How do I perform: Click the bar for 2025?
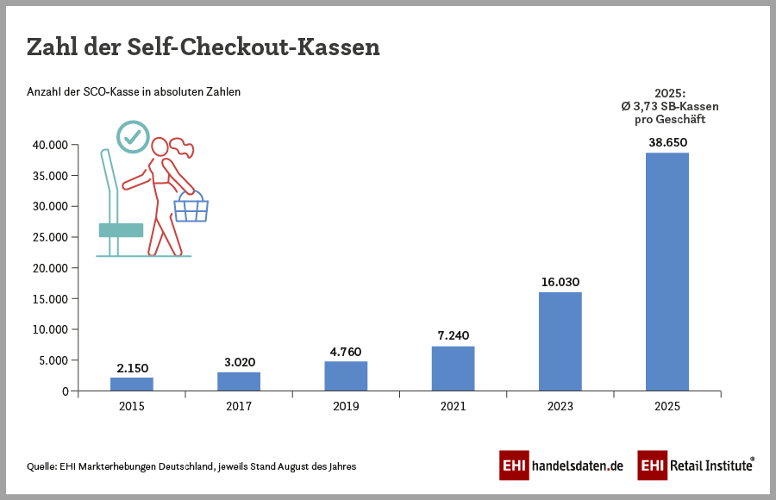click(x=667, y=272)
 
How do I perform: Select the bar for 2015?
click(x=132, y=384)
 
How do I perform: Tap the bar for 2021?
click(x=453, y=368)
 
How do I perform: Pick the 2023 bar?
click(x=560, y=341)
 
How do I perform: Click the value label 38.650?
click(x=667, y=142)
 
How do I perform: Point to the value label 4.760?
click(x=346, y=351)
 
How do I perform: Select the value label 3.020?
click(x=239, y=361)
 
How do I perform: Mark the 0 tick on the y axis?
click(x=64, y=391)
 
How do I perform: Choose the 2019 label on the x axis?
click(x=346, y=406)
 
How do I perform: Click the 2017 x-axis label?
click(x=239, y=406)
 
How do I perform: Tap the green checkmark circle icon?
click(x=132, y=136)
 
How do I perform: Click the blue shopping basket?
click(x=191, y=209)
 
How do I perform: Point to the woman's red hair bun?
click(x=183, y=148)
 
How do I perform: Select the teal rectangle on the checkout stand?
click(x=121, y=230)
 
